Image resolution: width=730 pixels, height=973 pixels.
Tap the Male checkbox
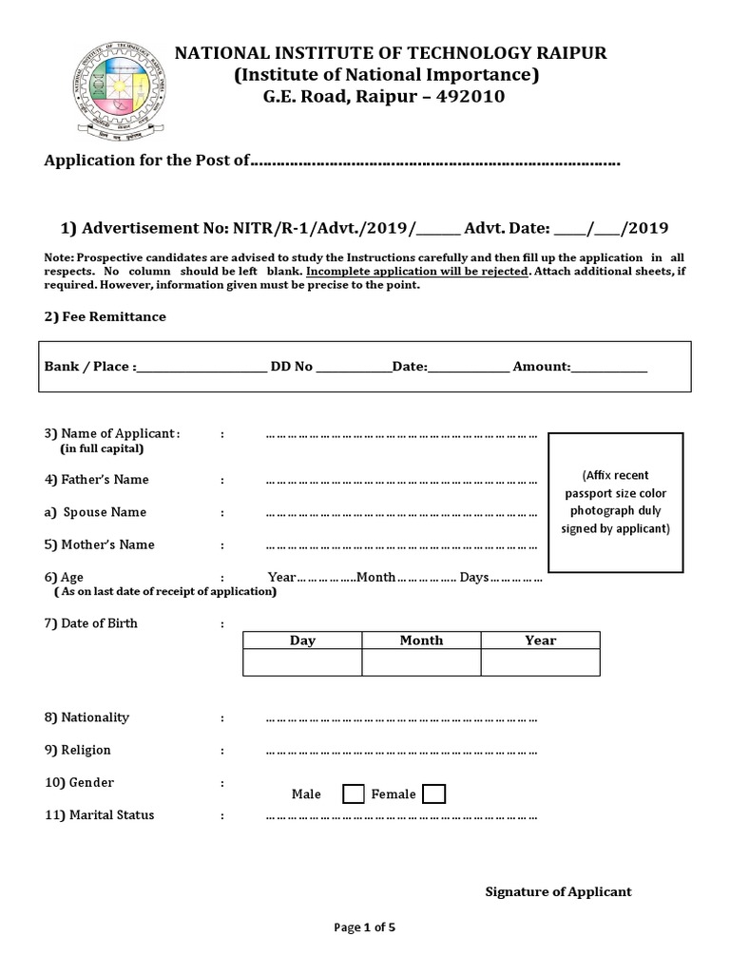[353, 793]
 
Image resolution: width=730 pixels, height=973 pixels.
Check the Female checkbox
[433, 793]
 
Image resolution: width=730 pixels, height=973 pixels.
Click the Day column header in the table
[302, 640]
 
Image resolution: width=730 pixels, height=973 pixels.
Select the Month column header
[421, 640]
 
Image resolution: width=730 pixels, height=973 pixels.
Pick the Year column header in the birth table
[540, 640]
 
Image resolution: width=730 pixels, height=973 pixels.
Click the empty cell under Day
[302, 662]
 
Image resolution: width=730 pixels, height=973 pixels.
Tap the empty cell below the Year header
[540, 662]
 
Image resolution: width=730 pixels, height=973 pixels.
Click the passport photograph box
[615, 503]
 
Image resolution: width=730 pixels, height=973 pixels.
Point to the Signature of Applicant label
[558, 891]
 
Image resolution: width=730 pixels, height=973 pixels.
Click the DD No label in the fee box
[292, 366]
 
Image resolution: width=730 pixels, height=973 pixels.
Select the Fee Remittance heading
[105, 316]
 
